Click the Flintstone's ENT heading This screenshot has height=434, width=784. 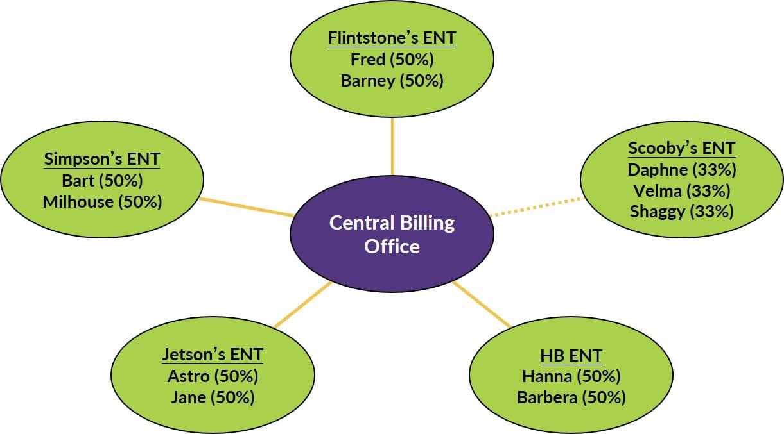click(392, 38)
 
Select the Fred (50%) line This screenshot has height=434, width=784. click(392, 60)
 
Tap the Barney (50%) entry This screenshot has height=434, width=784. click(392, 81)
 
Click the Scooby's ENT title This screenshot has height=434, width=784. click(681, 149)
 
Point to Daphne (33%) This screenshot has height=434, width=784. click(681, 170)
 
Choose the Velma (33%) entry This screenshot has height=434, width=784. click(681, 191)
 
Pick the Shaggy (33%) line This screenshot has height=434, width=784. click(681, 212)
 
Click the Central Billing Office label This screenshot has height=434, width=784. click(392, 234)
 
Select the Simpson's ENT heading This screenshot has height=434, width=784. click(102, 159)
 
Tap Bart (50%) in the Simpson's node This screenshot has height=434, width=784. click(102, 180)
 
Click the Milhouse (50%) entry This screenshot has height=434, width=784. click(102, 201)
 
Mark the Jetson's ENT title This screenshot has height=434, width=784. click(213, 355)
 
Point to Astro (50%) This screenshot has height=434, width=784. click(213, 376)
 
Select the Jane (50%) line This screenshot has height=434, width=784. click(213, 397)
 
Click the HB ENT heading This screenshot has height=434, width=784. click(571, 356)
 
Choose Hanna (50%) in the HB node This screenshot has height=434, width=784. click(571, 376)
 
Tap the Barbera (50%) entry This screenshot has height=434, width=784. click(571, 397)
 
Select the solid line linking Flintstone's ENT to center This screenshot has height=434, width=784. click(392, 146)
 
